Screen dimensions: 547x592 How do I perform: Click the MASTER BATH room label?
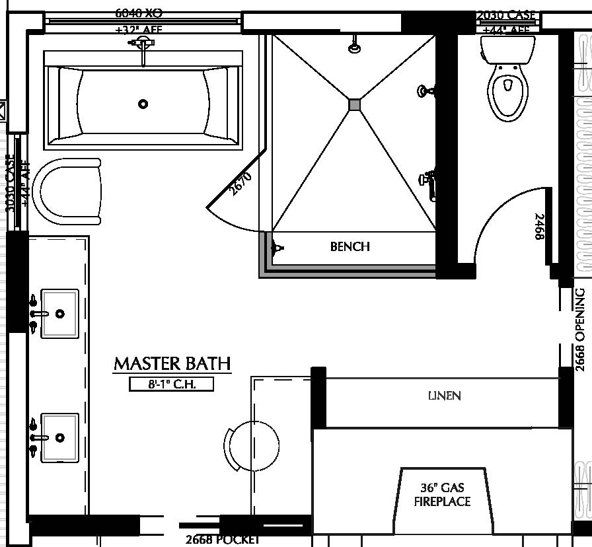[172, 363]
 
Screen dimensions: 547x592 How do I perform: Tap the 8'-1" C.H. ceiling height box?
[172, 384]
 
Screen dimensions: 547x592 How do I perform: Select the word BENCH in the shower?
[350, 246]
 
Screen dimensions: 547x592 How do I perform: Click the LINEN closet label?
[444, 396]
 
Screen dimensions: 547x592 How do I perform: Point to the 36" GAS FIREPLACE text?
[442, 495]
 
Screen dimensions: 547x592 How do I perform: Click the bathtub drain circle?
[143, 104]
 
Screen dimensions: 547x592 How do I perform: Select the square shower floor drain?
[355, 104]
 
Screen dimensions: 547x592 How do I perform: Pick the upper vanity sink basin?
[60, 313]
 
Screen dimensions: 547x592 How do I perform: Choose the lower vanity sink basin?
[60, 437]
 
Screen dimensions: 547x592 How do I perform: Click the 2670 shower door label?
[239, 184]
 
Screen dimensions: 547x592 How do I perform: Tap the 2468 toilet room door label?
[539, 227]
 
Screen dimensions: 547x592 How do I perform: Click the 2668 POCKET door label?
[222, 540]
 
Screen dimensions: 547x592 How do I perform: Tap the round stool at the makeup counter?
[252, 446]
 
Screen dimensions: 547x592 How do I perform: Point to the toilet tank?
[507, 48]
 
